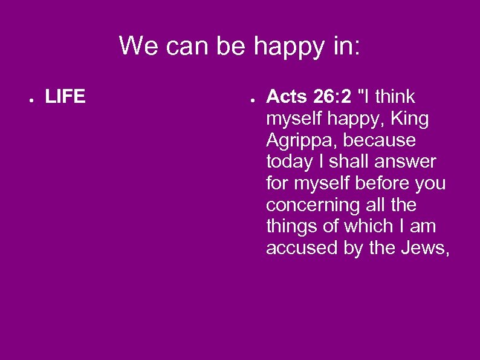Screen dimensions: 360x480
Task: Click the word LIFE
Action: click(65, 97)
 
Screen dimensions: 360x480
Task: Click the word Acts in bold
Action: click(287, 97)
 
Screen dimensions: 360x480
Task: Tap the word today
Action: click(288, 162)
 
